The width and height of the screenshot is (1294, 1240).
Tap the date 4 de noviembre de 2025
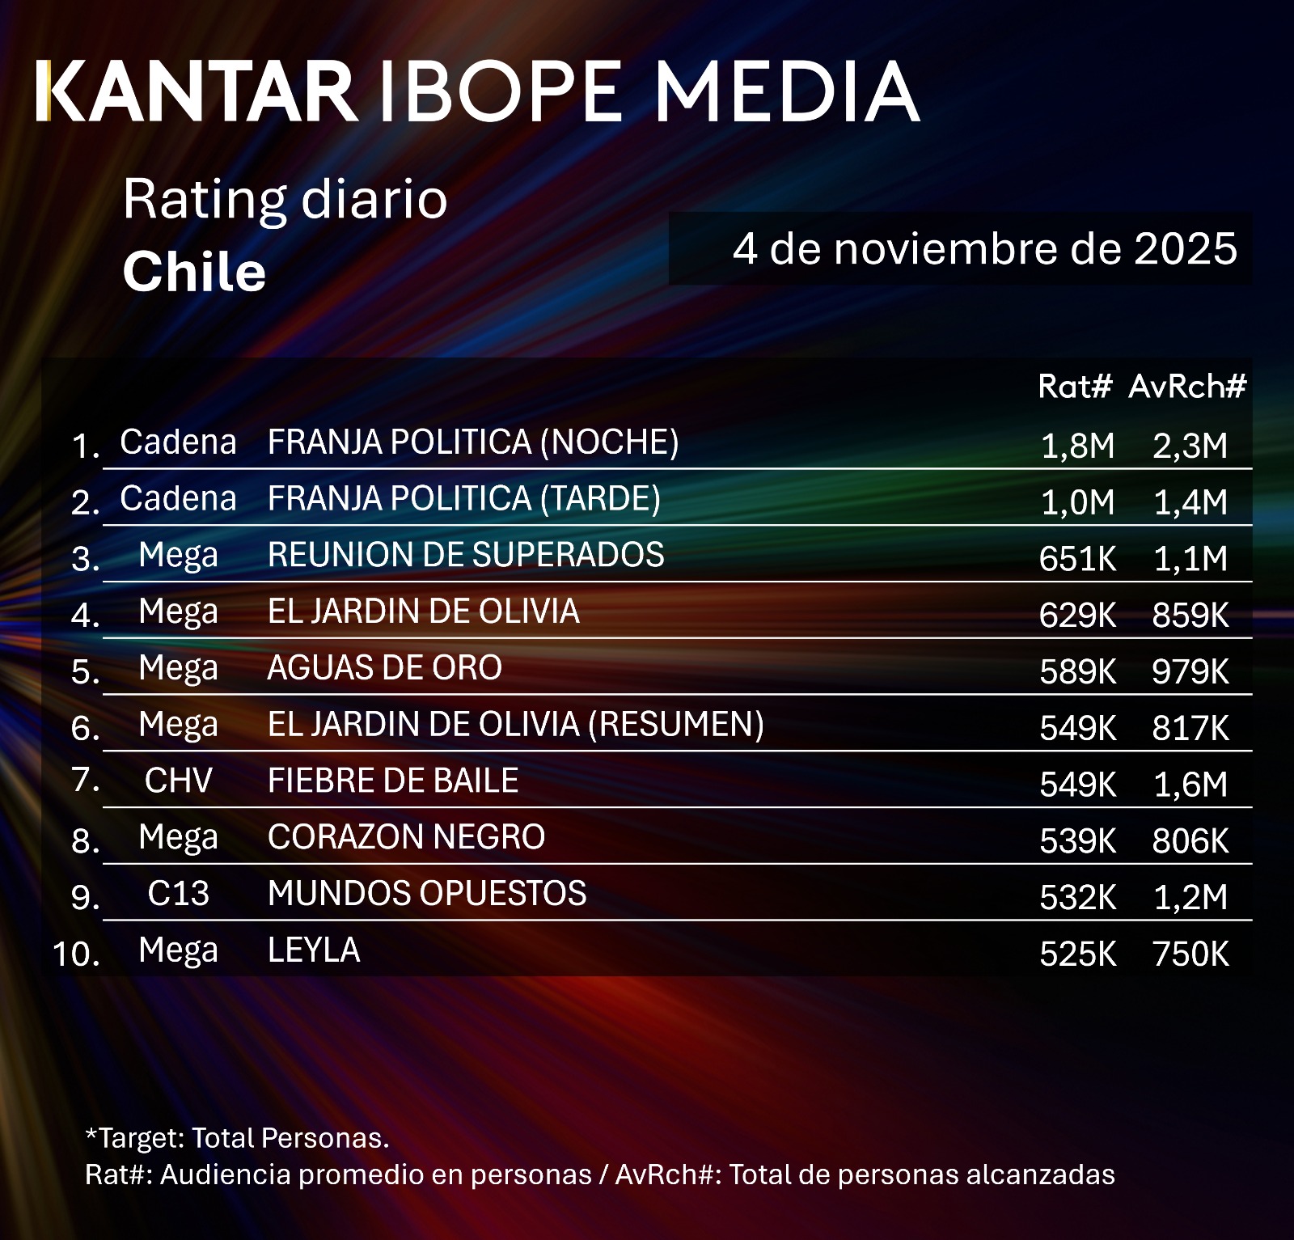click(x=984, y=248)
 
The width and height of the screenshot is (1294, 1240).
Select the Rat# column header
click(x=1075, y=387)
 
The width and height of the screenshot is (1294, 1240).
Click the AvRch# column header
click(x=1187, y=387)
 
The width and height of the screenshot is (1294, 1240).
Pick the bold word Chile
click(x=194, y=271)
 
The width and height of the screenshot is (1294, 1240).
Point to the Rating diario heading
click(x=285, y=199)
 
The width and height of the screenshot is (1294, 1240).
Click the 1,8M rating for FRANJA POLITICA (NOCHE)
click(x=1077, y=446)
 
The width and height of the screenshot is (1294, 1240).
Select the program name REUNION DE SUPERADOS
click(x=466, y=555)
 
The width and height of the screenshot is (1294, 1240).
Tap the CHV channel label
click(x=178, y=781)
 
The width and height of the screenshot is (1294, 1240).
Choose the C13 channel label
click(x=178, y=894)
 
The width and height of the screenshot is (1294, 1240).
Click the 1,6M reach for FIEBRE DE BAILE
click(x=1190, y=785)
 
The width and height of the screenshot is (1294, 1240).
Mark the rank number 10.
click(x=76, y=954)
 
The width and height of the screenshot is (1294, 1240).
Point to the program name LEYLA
click(x=314, y=950)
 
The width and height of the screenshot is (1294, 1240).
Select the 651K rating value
click(x=1077, y=559)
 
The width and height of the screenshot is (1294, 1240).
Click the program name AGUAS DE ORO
click(x=385, y=668)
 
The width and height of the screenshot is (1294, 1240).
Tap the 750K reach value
click(x=1190, y=954)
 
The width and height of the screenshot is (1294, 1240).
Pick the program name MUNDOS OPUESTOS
click(x=427, y=894)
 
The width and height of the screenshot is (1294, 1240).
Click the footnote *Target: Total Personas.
click(x=237, y=1138)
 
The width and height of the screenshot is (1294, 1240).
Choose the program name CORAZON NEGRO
click(x=406, y=837)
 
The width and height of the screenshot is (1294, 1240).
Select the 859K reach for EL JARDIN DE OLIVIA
click(x=1190, y=616)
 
